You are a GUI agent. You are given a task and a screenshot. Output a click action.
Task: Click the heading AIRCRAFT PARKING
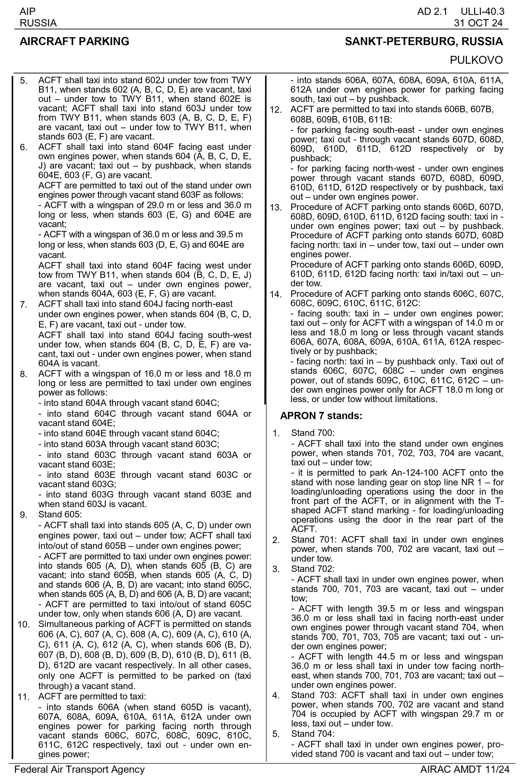(x=74, y=41)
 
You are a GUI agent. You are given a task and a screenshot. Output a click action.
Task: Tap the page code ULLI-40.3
(x=482, y=12)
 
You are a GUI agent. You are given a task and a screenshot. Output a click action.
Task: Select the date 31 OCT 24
(x=478, y=23)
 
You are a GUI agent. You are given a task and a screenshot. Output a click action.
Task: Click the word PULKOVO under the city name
(x=476, y=60)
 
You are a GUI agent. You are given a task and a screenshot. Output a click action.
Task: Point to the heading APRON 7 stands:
(x=321, y=416)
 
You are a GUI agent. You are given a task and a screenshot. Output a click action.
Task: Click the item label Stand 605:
(x=60, y=514)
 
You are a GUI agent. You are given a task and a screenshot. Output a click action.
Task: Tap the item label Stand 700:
(x=312, y=433)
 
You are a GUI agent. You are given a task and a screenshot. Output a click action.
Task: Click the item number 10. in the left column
(x=24, y=625)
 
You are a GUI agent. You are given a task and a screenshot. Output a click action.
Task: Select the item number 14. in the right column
(x=276, y=295)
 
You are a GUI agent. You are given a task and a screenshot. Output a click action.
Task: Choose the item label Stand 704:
(x=312, y=734)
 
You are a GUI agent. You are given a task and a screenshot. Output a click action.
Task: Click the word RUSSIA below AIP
(x=38, y=23)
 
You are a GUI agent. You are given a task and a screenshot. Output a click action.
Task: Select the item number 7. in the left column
(x=23, y=305)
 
